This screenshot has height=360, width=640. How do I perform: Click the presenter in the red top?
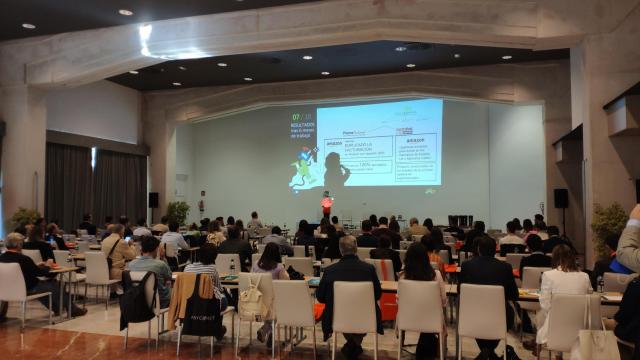[x=327, y=204]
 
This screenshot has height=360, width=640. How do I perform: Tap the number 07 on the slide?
[x=296, y=117]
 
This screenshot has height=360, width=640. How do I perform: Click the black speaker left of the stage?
[x=153, y=200]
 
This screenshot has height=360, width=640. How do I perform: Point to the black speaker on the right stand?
[x=561, y=198]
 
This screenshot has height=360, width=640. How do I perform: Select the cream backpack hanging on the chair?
[x=250, y=299]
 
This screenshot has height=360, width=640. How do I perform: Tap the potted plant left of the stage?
[x=178, y=211]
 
